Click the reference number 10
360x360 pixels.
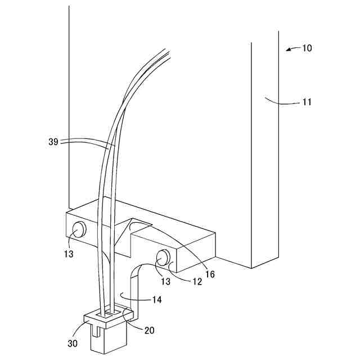coord(307,48)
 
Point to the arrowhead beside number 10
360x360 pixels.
coord(289,50)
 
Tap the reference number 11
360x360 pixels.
coord(306,103)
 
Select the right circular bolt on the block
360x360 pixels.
coord(163,258)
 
